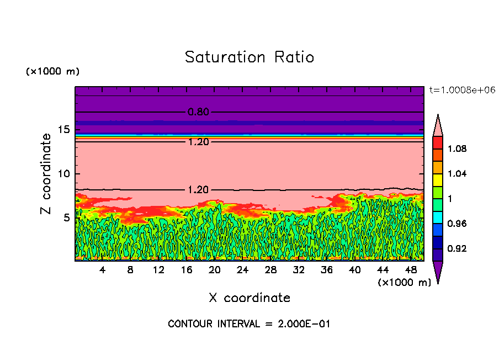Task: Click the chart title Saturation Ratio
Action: tap(250, 57)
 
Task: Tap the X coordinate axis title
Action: tap(250, 298)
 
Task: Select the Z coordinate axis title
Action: tap(46, 173)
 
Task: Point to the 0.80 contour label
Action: tap(198, 112)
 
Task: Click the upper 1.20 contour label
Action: tap(198, 142)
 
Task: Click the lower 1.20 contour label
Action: tap(198, 189)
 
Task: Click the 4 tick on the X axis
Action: tap(103, 270)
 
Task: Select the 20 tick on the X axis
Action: tap(214, 270)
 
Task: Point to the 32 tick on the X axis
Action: tap(298, 270)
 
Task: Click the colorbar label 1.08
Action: tap(457, 148)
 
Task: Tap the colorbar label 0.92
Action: tap(457, 248)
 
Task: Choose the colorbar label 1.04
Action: tap(457, 173)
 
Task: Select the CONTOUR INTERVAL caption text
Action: tap(249, 324)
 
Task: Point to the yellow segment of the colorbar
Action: tap(437, 179)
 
